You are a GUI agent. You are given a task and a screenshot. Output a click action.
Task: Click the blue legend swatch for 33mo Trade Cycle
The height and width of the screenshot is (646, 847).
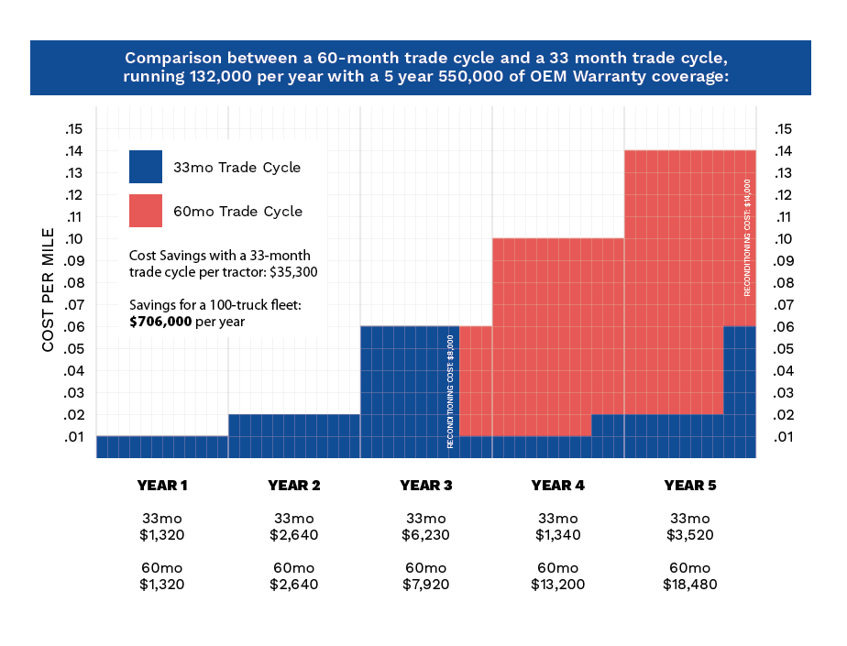pyautogui.click(x=145, y=167)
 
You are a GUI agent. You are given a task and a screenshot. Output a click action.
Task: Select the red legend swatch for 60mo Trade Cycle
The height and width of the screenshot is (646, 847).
pyautogui.click(x=145, y=211)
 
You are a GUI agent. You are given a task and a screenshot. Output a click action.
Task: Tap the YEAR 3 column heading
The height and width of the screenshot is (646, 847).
pyautogui.click(x=426, y=485)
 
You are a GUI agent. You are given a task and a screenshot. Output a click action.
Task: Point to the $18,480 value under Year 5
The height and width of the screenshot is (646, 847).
pyautogui.click(x=689, y=584)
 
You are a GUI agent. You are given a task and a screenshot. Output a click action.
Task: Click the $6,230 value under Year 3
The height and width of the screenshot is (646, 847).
pyautogui.click(x=426, y=534)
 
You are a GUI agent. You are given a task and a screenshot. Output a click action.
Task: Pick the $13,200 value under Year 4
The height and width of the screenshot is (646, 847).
pyautogui.click(x=557, y=584)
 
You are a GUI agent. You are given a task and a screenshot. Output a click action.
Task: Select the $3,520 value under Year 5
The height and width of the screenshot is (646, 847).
pyautogui.click(x=689, y=534)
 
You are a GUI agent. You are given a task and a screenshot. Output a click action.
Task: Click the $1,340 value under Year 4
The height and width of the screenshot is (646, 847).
pyautogui.click(x=557, y=534)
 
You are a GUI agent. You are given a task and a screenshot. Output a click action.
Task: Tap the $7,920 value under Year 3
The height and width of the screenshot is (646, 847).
pyautogui.click(x=426, y=584)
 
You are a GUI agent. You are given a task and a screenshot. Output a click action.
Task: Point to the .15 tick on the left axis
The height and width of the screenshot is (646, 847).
pyautogui.click(x=74, y=128)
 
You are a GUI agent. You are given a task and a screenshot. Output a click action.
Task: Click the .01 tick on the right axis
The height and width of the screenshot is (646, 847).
pyautogui.click(x=785, y=437)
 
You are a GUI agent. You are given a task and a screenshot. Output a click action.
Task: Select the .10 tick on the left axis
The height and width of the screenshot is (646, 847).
pyautogui.click(x=74, y=238)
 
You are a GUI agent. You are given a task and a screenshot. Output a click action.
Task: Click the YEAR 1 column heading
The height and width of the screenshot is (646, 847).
pyautogui.click(x=162, y=485)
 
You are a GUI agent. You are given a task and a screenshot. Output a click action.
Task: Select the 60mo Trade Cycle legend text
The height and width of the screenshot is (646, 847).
pyautogui.click(x=237, y=212)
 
